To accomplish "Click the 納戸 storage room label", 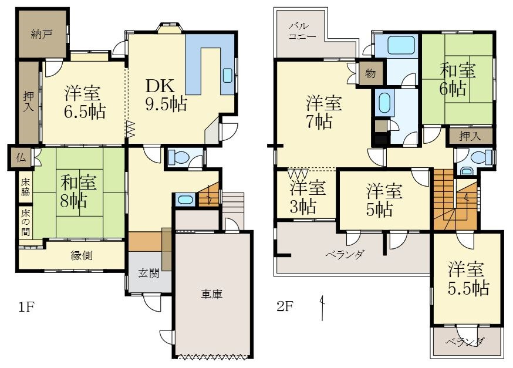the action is point(42,34).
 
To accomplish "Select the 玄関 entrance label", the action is point(149,273).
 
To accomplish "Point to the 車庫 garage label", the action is point(212,295).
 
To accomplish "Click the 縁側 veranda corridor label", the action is point(82,255).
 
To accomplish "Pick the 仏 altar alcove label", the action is point(21,158).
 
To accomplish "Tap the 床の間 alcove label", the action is point(25,223).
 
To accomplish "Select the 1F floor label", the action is point(26,307).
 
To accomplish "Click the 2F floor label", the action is point(285,306).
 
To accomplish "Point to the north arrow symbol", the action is point(323,308).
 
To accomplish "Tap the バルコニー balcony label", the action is point(302,31).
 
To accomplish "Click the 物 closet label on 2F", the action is point(370,73).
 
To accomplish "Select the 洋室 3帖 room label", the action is point(308,197).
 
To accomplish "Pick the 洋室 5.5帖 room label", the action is point(468,278).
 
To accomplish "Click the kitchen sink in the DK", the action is point(228,76).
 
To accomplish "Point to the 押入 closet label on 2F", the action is point(470,136).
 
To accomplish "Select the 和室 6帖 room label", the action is point(457,79).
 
